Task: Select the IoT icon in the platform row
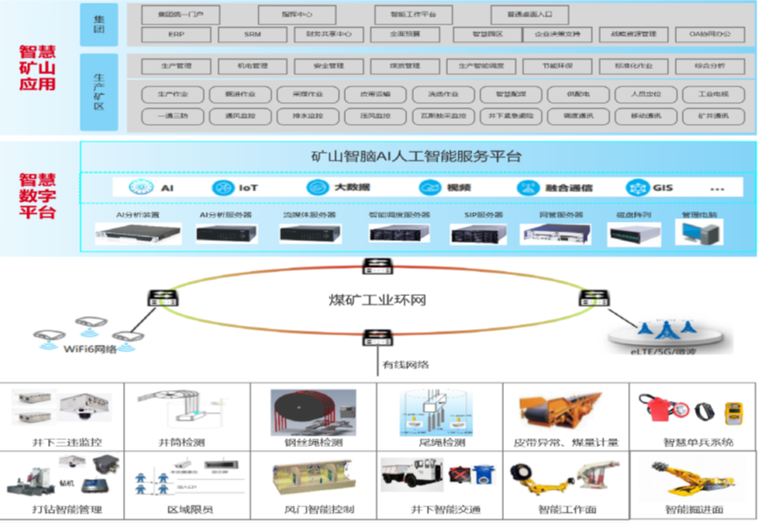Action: point(224,188)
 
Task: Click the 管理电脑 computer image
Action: point(699,231)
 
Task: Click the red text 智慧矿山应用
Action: point(37,66)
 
